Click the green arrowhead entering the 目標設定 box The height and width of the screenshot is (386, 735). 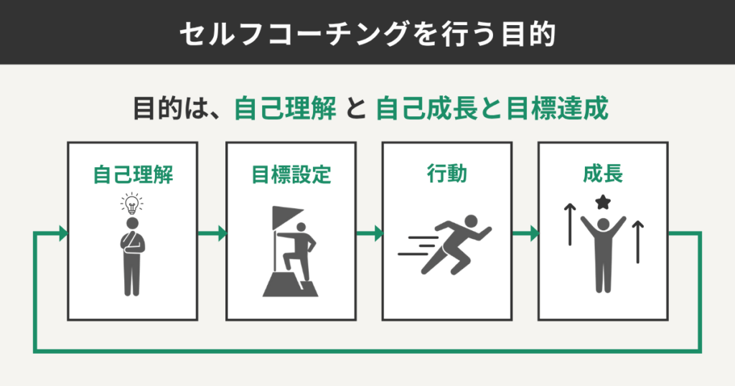pos(222,233)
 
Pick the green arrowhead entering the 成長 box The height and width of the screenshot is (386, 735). pos(534,233)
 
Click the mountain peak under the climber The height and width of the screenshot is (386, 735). pos(291,283)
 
